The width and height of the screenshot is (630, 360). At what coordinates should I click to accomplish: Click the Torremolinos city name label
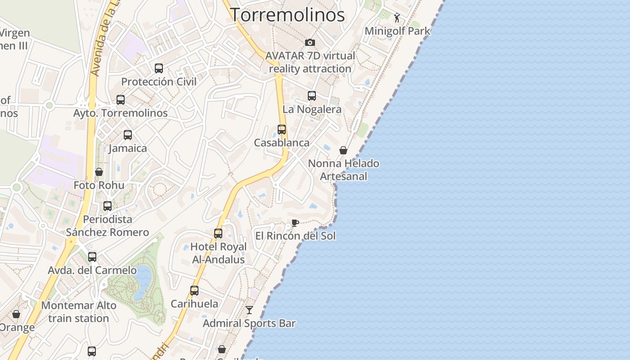click(x=288, y=15)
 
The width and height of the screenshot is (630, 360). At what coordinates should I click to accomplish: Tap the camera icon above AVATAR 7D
click(x=310, y=43)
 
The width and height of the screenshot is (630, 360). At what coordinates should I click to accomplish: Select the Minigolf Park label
click(x=397, y=31)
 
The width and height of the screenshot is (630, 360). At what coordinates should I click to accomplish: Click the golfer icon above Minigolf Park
click(x=397, y=18)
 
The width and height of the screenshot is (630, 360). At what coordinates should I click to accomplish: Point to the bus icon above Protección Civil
click(x=159, y=68)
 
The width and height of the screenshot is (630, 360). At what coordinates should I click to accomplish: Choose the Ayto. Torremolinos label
click(x=121, y=113)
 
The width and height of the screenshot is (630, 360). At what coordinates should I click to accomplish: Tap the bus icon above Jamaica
click(x=128, y=135)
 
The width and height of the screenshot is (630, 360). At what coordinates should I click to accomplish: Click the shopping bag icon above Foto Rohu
click(x=99, y=172)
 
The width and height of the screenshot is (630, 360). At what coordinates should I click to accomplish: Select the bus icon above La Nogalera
click(x=312, y=96)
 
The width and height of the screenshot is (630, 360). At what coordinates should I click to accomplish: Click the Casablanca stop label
click(x=282, y=143)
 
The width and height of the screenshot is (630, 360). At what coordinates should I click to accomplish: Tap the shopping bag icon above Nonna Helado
click(x=343, y=150)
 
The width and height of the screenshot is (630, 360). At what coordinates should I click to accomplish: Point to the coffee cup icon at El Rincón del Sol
click(x=295, y=223)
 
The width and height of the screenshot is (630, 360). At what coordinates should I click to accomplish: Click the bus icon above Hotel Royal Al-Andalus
click(x=218, y=234)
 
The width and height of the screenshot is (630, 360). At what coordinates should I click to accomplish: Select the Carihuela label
click(x=194, y=304)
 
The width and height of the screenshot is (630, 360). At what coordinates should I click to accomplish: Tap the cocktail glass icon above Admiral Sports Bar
click(x=249, y=310)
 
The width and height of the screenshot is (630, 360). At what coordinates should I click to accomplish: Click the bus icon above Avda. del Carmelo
click(x=92, y=257)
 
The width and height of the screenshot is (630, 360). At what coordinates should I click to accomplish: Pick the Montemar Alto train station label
click(x=79, y=311)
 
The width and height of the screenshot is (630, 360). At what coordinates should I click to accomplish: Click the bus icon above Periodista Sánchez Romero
click(x=108, y=206)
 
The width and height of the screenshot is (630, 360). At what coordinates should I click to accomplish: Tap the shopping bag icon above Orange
click(x=16, y=314)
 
